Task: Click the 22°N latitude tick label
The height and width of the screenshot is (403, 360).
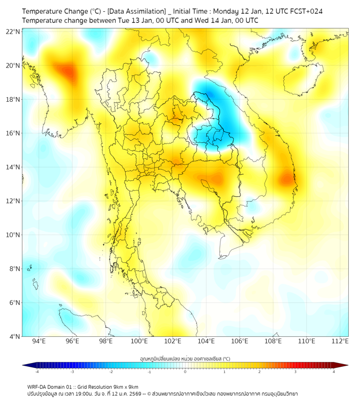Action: [x=13, y=31]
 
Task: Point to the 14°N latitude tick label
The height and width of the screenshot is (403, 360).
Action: [x=13, y=167]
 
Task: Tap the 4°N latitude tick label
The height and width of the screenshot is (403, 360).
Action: [x=14, y=336]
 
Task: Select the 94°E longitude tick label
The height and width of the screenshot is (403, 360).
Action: [x=39, y=341]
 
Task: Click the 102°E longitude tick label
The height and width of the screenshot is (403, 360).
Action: [x=173, y=341]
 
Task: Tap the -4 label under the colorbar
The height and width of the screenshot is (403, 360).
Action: [x=37, y=372]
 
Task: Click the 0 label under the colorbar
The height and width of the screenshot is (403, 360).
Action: [x=185, y=372]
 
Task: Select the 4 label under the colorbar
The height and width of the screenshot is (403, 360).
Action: [x=334, y=372]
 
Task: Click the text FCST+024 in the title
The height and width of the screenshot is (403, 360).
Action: [x=305, y=11]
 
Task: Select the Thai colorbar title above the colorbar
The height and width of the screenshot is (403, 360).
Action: [x=185, y=358]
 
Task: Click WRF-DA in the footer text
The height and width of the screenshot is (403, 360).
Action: [x=38, y=386]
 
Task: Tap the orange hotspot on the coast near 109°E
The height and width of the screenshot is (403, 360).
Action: [x=288, y=179]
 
